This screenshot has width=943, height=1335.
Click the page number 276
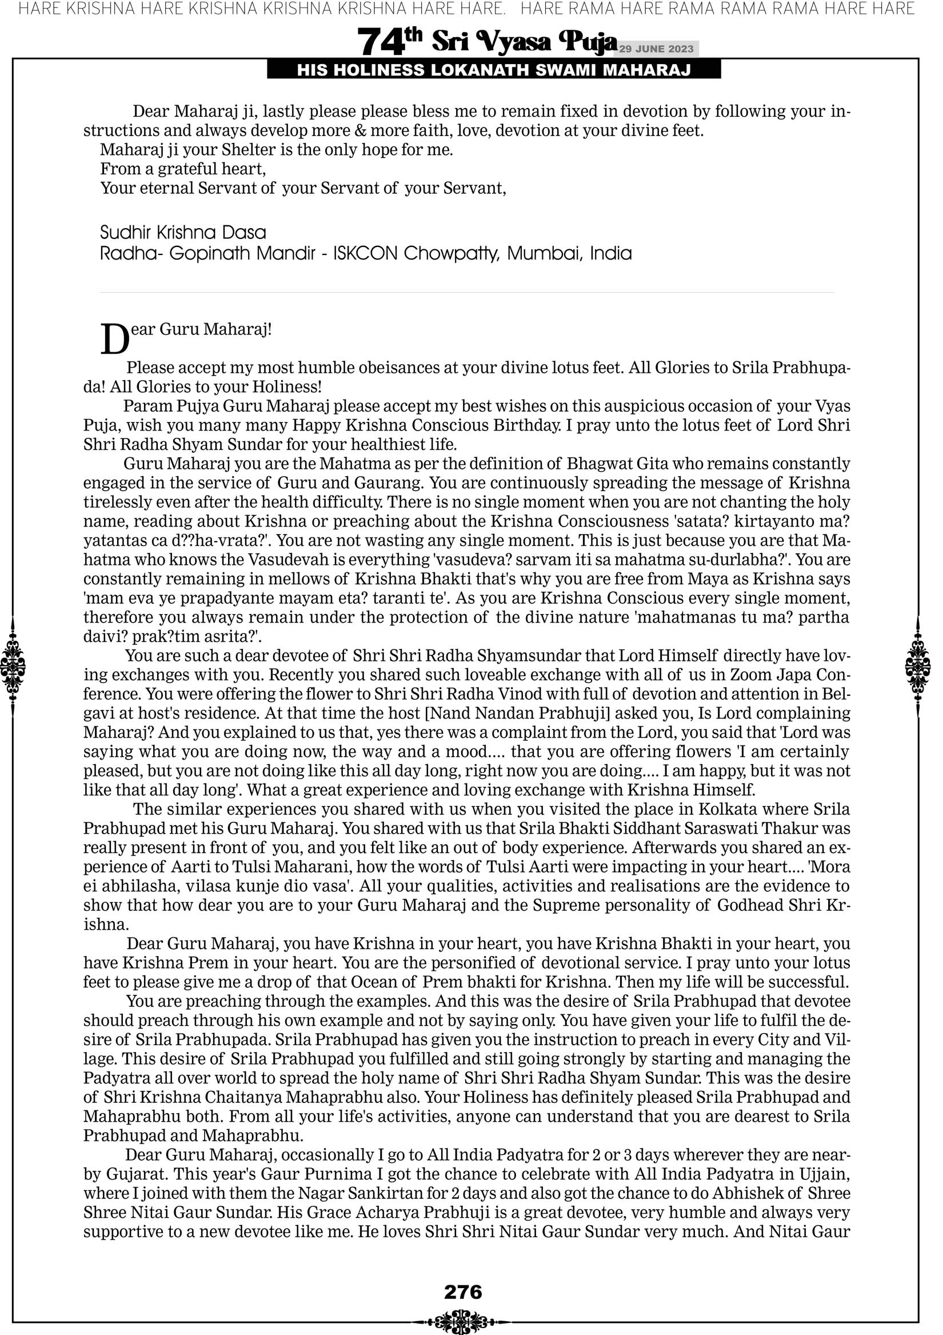click(x=463, y=1292)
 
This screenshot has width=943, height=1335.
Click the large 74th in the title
click(x=390, y=42)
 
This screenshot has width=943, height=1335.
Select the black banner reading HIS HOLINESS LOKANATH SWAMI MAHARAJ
click(x=494, y=70)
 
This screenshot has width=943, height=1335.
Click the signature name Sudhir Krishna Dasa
click(x=182, y=233)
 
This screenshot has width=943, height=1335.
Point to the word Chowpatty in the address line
click(x=451, y=253)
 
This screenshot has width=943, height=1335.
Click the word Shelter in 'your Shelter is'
click(x=249, y=150)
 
